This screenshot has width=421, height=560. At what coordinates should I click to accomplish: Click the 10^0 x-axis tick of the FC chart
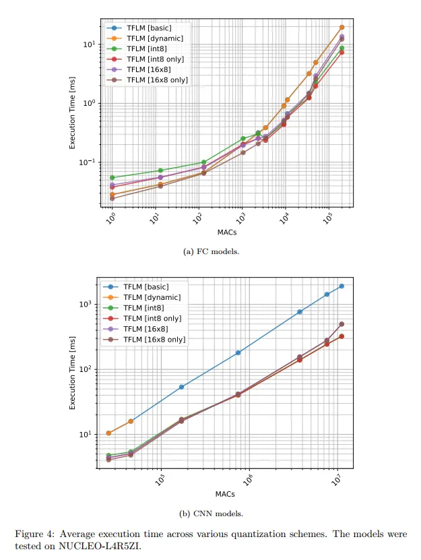[112, 218]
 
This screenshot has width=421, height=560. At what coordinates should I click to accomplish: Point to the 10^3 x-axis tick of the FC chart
[241, 218]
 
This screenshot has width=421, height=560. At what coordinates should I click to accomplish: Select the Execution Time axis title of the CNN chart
[72, 375]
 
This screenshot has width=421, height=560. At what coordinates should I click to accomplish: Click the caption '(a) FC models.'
[211, 251]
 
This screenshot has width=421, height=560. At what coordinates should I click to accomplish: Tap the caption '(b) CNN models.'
[211, 514]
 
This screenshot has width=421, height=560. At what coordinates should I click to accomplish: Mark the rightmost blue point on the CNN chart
[342, 286]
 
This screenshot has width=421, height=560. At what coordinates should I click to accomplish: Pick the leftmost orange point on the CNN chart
[108, 433]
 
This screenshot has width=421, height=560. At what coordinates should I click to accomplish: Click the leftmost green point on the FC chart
[112, 177]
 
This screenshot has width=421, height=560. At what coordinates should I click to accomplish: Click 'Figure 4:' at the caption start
[33, 534]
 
